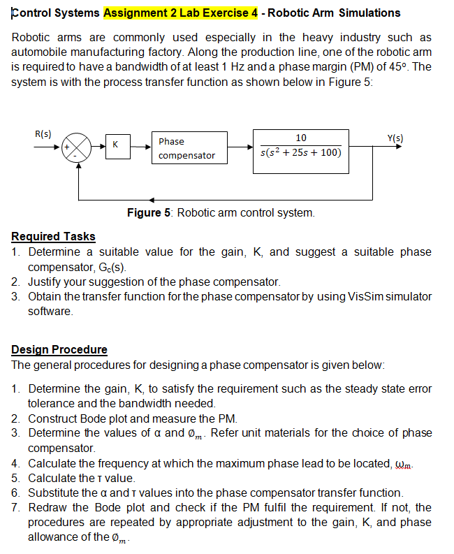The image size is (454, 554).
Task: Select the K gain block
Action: [117, 147]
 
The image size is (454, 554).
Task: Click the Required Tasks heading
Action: [54, 236]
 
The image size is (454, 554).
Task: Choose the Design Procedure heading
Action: [59, 349]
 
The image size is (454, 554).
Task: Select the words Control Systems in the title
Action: [57, 13]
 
